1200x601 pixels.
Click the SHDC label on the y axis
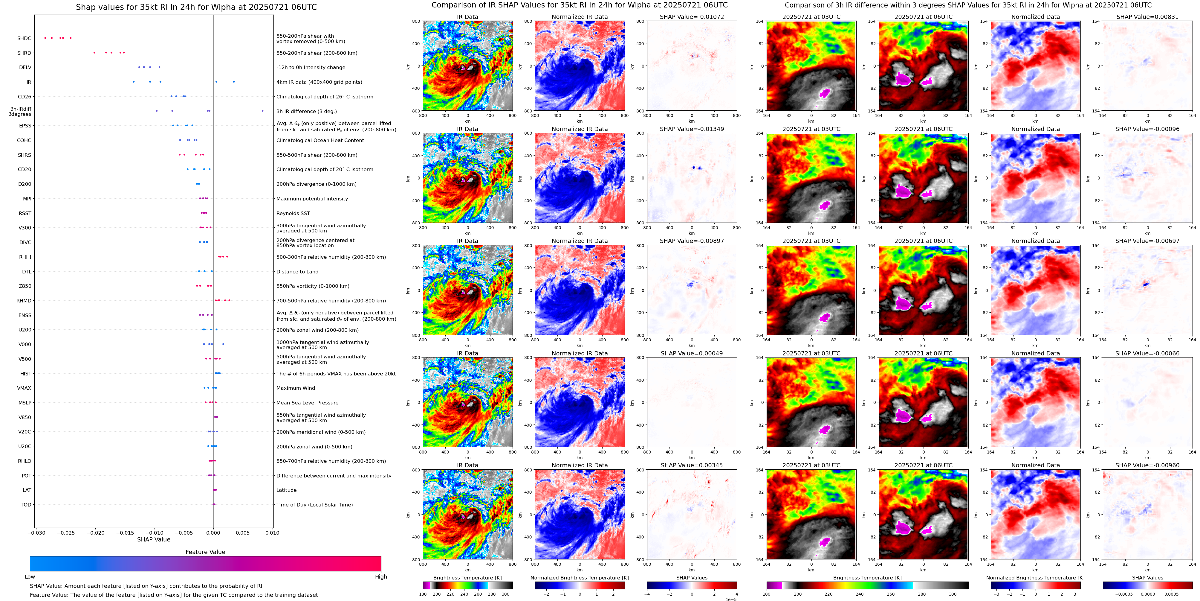pos(24,39)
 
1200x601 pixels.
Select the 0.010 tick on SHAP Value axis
pos(273,533)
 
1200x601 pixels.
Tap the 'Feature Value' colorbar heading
pos(205,552)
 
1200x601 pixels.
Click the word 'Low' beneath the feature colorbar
pos(30,577)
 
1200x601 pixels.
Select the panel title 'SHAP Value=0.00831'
pos(1147,17)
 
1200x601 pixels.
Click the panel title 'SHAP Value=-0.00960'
pos(1147,465)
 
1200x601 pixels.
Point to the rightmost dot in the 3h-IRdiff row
pos(262,111)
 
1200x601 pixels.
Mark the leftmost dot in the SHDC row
pos(45,38)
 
